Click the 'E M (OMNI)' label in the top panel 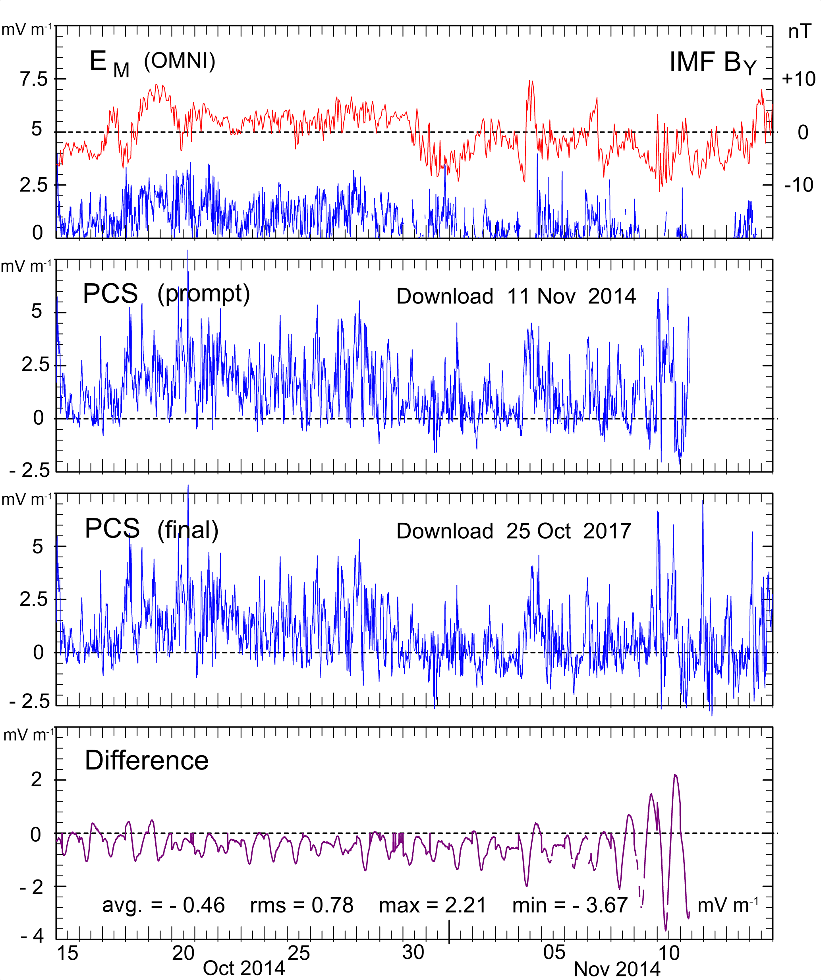click(x=152, y=62)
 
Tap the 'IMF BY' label click(x=713, y=62)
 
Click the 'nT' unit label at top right click(x=800, y=32)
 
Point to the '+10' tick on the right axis click(x=799, y=79)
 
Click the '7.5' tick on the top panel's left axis click(x=34, y=79)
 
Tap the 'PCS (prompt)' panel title click(x=166, y=294)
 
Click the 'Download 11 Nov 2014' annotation click(x=516, y=296)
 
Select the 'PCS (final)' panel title click(x=151, y=529)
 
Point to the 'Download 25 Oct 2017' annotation click(x=514, y=531)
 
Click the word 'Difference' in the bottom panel click(x=147, y=761)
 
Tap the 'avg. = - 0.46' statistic click(x=163, y=906)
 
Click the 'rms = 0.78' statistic click(x=302, y=906)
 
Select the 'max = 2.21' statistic click(x=433, y=906)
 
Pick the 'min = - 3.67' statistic click(x=570, y=906)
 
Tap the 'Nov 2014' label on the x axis click(x=617, y=969)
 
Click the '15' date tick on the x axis click(x=68, y=953)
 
